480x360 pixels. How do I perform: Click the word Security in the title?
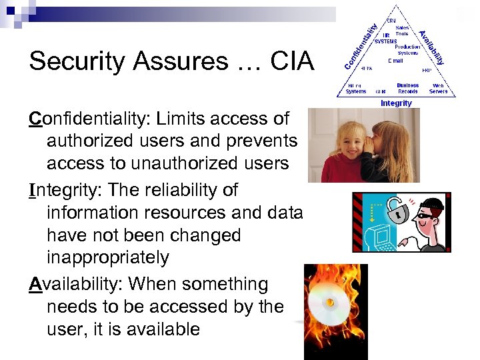73,63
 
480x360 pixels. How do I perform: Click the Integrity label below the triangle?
396,103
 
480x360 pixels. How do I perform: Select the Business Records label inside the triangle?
407,88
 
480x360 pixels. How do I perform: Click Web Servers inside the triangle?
438,88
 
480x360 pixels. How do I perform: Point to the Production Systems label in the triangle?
407,50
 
